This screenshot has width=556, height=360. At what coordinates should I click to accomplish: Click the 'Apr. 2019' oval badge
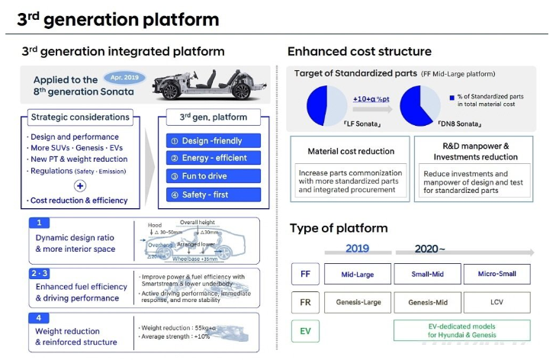(124, 77)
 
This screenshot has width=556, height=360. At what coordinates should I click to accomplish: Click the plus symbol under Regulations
(79, 185)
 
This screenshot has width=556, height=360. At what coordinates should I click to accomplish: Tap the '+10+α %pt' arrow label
(370, 99)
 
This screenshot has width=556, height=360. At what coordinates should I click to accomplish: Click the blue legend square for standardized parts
(454, 96)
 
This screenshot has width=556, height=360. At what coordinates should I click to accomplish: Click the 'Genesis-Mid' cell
(428, 302)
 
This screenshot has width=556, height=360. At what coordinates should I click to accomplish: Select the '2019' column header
(357, 249)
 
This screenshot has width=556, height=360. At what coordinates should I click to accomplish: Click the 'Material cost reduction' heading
(350, 151)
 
